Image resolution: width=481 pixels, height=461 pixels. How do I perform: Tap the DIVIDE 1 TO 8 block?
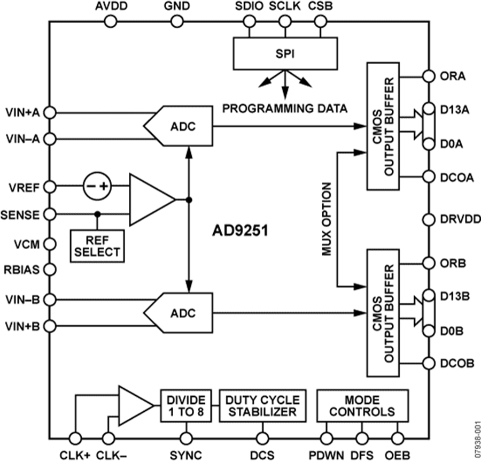[x=186, y=406]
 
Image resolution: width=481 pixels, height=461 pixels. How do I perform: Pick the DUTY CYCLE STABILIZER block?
[x=262, y=406]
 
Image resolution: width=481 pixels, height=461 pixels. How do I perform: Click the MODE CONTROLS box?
[x=362, y=406]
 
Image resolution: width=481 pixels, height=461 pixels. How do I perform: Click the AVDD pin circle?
[x=111, y=21]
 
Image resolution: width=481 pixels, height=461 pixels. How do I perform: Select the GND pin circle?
[x=176, y=21]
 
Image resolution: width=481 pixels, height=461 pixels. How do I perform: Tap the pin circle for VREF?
[x=49, y=187]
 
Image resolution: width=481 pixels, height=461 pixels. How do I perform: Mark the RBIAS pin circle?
[x=49, y=270]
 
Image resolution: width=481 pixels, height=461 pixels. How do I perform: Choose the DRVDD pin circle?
[x=429, y=218]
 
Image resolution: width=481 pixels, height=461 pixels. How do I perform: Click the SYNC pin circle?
[x=186, y=437]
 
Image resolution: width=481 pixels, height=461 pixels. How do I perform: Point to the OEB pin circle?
[x=397, y=437]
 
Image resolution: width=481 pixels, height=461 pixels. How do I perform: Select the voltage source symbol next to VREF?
[x=97, y=187]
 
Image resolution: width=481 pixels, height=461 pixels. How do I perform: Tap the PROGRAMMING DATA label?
[x=285, y=109]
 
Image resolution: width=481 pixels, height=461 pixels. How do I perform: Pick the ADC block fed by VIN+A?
[x=179, y=126]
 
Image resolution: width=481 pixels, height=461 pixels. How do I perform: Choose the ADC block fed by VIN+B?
[x=179, y=312]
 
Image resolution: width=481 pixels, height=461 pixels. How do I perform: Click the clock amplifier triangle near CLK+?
[x=134, y=405]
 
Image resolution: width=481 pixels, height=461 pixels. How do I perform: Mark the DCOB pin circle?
[x=429, y=363]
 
